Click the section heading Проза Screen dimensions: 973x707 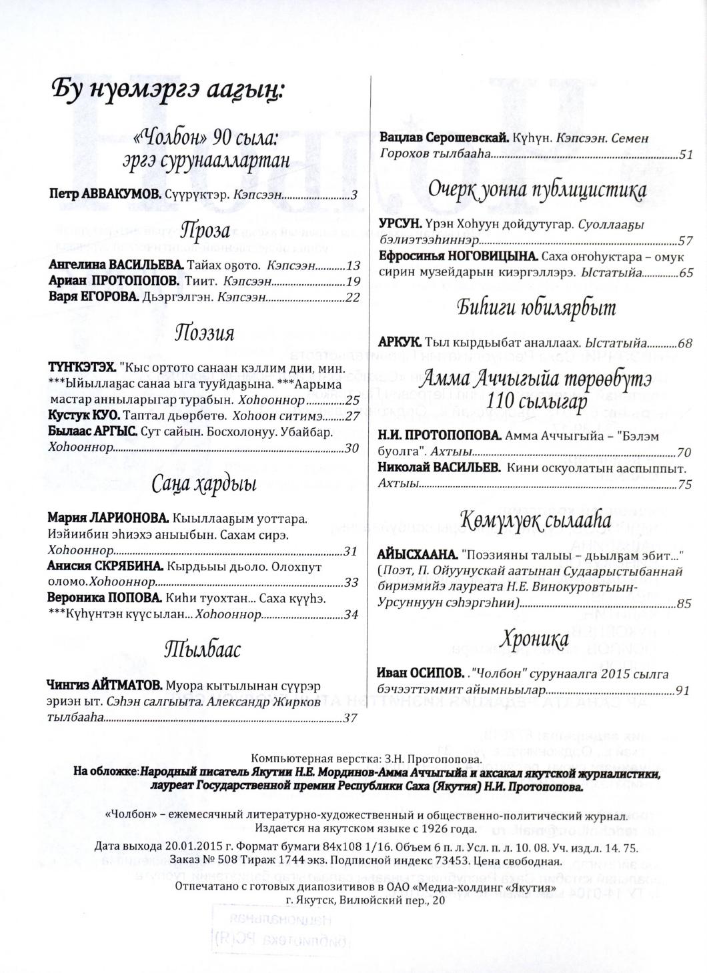[205, 231]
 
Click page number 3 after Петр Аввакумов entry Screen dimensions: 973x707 [355, 195]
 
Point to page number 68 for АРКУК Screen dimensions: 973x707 [685, 343]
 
